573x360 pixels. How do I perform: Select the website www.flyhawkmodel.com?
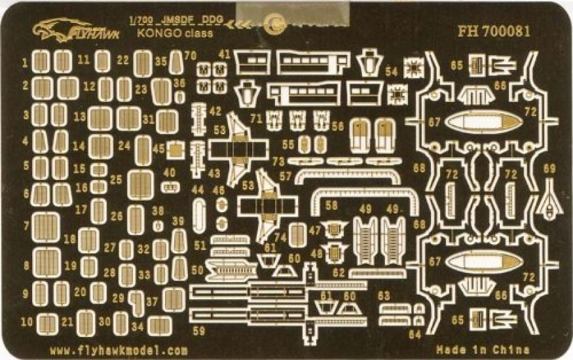click(118, 350)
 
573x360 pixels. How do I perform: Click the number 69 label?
click(549, 169)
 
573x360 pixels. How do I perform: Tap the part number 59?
click(198, 331)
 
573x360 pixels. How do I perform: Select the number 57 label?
click(285, 176)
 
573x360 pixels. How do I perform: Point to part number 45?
click(158, 149)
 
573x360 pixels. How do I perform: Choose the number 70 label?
click(191, 56)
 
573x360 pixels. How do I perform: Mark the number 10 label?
click(26, 322)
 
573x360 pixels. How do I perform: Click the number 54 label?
click(392, 71)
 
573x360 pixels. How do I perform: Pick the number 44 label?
click(198, 190)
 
